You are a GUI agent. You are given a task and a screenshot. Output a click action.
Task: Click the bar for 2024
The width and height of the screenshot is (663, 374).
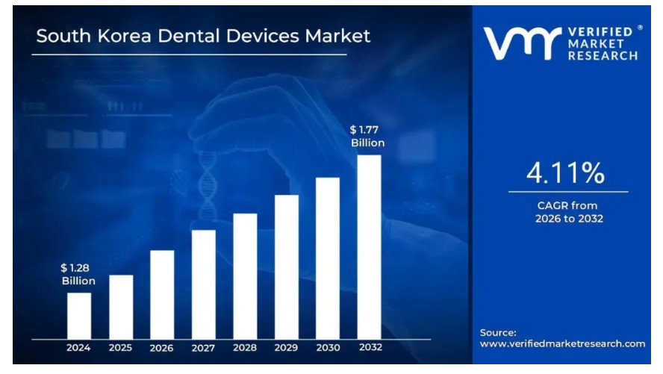pos(78,316)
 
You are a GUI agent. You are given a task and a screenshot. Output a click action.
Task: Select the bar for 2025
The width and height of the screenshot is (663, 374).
pos(121,307)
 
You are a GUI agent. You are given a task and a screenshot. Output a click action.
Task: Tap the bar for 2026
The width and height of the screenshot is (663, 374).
pos(162,295)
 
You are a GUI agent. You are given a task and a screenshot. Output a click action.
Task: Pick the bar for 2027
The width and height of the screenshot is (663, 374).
pos(203,284)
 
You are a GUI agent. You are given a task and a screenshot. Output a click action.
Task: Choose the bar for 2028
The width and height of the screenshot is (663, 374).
pos(245,276)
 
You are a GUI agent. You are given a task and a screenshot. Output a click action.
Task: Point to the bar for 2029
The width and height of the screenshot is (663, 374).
pos(286,267)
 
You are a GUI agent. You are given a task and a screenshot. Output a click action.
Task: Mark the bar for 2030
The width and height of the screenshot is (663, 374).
pos(328,258)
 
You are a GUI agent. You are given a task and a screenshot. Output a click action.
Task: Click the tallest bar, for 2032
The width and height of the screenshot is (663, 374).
pos(369,247)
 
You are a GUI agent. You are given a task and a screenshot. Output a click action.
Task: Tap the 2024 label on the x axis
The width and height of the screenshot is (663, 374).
pos(78,348)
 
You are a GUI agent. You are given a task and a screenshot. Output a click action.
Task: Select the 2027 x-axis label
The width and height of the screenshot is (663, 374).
pos(203,348)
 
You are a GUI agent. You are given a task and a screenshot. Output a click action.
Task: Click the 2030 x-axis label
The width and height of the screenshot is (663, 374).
pos(328,348)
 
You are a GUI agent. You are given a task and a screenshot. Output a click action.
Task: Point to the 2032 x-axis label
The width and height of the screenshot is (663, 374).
pos(369,348)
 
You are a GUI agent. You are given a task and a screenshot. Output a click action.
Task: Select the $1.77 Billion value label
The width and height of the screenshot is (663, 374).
pos(367,136)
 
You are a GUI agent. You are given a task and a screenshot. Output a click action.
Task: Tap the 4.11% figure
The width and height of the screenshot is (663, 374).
pos(565,173)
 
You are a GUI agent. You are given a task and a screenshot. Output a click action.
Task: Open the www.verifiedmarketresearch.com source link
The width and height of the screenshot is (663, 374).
pos(562,344)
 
